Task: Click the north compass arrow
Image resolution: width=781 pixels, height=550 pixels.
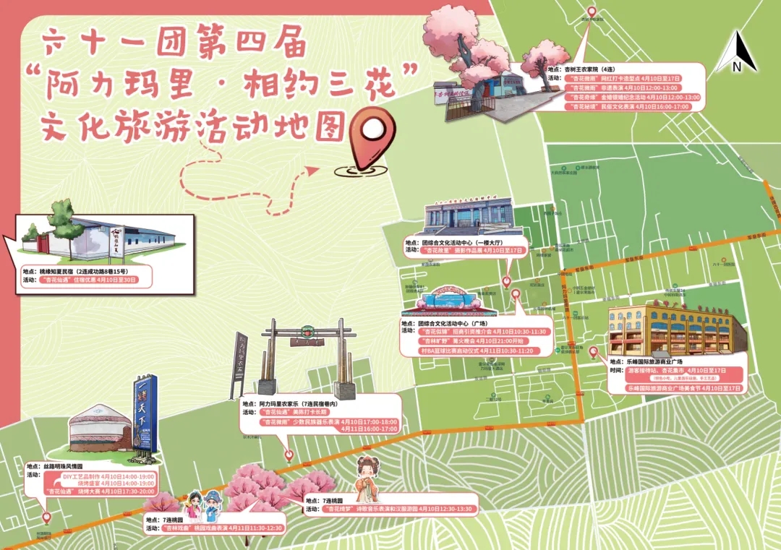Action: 743,52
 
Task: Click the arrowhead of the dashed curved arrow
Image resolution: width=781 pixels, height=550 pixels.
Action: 312,171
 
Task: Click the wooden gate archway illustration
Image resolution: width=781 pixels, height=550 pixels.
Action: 303,357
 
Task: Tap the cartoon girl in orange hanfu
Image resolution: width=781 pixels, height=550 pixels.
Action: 367,480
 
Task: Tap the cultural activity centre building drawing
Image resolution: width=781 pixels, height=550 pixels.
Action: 467,216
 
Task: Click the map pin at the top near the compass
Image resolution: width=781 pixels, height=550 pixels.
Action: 592,12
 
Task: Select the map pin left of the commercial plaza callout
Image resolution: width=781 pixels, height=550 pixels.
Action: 593,353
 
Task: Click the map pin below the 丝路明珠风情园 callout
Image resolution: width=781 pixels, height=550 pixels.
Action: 47,517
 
